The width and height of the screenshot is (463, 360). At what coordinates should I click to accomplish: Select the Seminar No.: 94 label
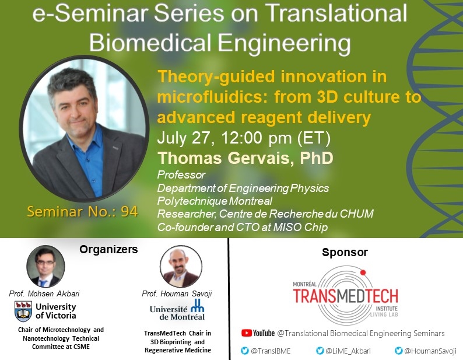tap(82, 211)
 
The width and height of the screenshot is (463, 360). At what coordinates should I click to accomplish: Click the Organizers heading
tap(109, 250)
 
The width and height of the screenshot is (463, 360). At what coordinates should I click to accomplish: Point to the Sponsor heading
tap(345, 253)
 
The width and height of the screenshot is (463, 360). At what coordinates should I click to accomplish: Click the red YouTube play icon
tap(247, 333)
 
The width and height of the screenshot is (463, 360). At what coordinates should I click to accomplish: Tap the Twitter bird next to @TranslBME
tap(245, 350)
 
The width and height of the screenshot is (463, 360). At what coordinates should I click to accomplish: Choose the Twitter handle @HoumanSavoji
tap(430, 350)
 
